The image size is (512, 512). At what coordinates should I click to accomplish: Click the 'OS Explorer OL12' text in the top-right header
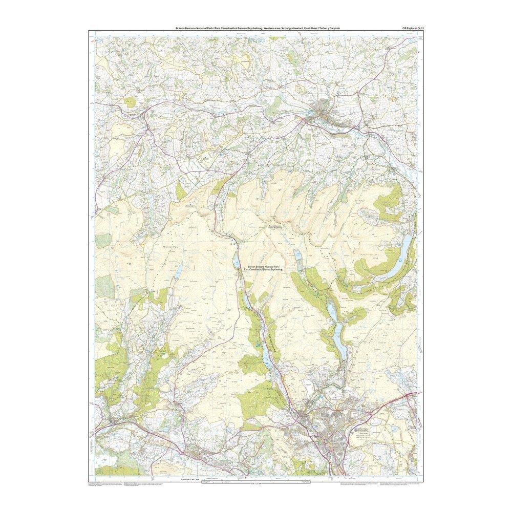(414, 28)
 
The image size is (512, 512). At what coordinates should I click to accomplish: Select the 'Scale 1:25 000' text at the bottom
(254, 484)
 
